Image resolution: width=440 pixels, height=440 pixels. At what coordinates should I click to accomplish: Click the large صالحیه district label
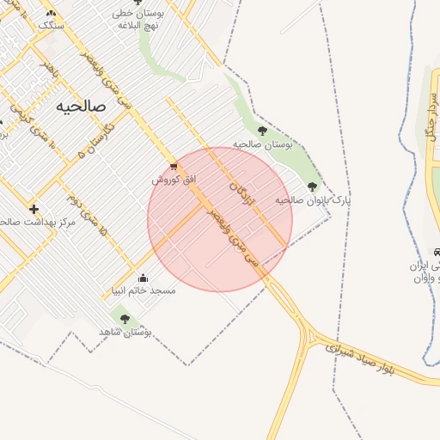(81, 106)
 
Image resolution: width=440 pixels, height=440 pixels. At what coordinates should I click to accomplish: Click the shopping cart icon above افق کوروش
(174, 166)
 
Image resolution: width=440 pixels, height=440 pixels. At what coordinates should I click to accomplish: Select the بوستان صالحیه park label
(263, 144)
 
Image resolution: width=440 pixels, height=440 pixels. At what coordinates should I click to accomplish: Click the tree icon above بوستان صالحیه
(262, 131)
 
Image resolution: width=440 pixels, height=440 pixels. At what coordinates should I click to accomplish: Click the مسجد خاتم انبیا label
(143, 290)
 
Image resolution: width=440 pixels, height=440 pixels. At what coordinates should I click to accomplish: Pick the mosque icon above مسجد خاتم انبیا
(142, 278)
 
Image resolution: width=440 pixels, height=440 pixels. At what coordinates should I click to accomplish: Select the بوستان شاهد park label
(125, 331)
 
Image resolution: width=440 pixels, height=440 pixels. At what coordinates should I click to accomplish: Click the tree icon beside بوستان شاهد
(125, 318)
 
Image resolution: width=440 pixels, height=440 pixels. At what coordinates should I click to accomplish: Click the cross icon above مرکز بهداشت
(34, 209)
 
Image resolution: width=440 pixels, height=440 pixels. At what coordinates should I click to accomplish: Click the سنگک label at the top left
(51, 24)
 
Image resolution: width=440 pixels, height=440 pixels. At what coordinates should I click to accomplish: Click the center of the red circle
(220, 219)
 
